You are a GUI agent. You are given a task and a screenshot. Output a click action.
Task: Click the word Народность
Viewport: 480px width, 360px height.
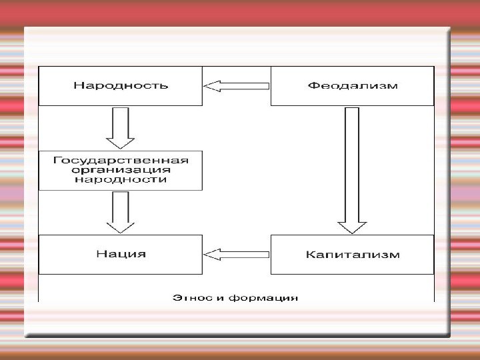120,85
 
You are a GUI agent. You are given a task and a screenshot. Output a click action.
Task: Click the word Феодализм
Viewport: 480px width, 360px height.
353,85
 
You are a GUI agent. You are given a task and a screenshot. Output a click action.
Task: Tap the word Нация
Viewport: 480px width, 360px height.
120,254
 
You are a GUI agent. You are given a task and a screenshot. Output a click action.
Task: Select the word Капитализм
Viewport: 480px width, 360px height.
353,254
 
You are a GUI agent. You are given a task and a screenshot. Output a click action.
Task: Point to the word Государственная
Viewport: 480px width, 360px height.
120,161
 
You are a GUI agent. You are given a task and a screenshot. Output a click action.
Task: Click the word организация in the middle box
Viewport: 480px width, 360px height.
120,170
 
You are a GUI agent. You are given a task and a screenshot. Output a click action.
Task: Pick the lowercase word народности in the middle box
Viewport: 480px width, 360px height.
120,179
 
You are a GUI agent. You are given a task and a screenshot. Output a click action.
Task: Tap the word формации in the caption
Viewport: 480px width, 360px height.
266,297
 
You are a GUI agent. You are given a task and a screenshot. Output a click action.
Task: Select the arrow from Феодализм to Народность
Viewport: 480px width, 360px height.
236,85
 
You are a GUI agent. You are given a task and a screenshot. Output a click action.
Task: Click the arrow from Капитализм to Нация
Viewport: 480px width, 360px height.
236,254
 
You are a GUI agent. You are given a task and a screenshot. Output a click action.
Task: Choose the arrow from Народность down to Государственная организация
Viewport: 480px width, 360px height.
121,127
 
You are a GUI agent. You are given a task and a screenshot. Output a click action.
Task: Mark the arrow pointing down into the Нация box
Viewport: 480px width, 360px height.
121,212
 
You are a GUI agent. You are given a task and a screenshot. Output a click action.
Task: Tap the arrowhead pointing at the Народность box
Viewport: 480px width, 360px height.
211,85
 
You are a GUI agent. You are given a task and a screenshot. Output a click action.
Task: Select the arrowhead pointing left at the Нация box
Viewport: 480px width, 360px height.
211,254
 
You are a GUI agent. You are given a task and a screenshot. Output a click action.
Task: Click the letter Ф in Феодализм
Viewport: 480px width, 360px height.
312,85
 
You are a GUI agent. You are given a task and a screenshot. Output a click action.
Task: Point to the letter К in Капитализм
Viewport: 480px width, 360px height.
309,254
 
